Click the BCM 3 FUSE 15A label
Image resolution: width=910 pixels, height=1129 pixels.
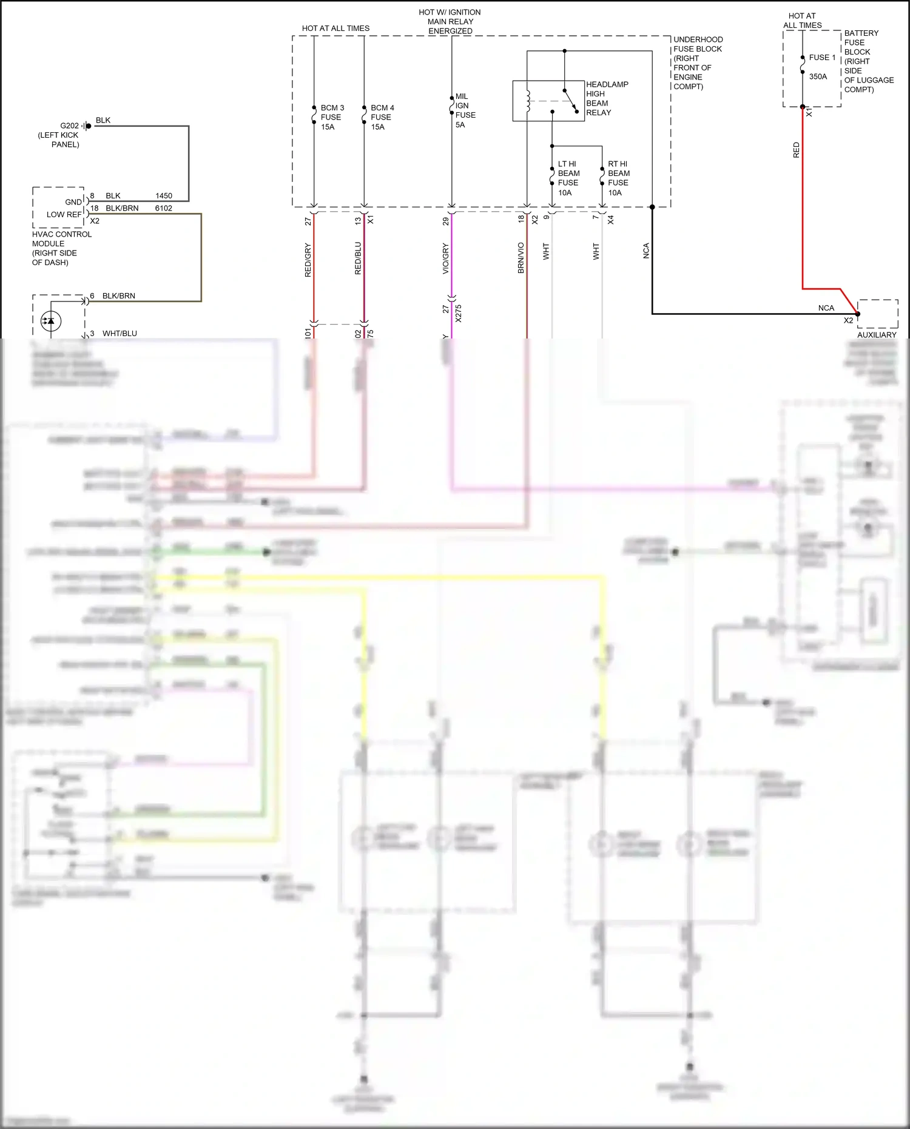(x=331, y=117)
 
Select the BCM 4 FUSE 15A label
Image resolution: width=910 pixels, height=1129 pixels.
(x=382, y=117)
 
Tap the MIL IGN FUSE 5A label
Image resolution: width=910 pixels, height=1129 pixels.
(x=465, y=110)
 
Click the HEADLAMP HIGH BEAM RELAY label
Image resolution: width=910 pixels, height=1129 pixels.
(x=606, y=98)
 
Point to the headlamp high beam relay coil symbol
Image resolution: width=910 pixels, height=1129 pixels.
(x=528, y=101)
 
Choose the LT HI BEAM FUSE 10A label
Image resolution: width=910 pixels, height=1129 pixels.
(x=568, y=178)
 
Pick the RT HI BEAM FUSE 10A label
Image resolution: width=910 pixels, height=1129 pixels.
(x=618, y=178)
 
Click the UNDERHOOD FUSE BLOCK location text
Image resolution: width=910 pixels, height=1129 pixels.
(x=697, y=63)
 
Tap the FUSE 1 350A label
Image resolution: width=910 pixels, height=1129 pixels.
(x=821, y=66)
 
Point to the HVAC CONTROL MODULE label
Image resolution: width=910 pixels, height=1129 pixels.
(x=61, y=248)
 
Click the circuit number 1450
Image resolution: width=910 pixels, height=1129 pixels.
(x=164, y=196)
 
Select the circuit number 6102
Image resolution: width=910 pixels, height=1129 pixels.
(x=164, y=208)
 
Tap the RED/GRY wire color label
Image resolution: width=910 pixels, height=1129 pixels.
(x=308, y=260)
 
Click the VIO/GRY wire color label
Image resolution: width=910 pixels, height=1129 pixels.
(x=445, y=259)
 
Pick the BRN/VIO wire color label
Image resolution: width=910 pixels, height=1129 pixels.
(x=521, y=258)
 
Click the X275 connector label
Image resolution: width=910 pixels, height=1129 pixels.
(x=458, y=313)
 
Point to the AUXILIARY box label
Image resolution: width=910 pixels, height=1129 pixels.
(x=877, y=335)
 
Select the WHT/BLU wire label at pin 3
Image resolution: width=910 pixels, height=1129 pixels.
(x=120, y=334)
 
